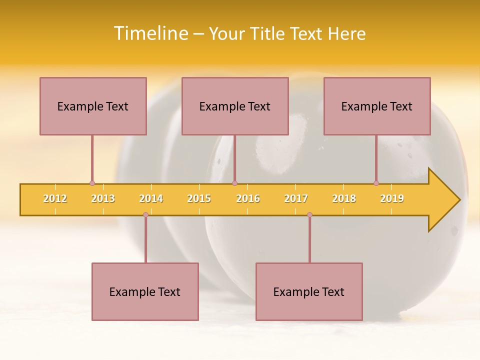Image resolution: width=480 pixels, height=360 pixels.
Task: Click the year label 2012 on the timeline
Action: pos(55,198)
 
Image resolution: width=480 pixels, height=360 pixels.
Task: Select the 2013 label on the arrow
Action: pos(103,198)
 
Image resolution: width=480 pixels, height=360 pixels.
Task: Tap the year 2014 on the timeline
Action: pos(151,198)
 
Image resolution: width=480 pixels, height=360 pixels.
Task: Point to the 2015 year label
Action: pos(199,198)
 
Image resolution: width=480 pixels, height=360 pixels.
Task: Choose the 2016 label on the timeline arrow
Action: pos(248,198)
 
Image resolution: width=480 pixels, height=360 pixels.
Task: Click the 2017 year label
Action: pos(296,198)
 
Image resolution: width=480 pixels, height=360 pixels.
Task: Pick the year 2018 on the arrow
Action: pos(344,198)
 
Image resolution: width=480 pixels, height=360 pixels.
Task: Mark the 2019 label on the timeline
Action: pos(392,198)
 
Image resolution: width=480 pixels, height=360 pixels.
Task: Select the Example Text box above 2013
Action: pos(93,106)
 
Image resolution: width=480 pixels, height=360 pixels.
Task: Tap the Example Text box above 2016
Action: pos(235,106)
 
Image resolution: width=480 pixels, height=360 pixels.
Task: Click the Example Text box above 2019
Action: pos(377,106)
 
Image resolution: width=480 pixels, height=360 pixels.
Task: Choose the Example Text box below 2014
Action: pos(145,291)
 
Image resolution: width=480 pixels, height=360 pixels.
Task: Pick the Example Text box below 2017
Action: pos(309,291)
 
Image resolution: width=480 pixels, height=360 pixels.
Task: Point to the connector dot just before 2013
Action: pos(92,183)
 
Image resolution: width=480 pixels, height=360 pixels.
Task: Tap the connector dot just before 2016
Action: pos(234,183)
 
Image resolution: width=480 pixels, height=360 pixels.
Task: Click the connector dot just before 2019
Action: pos(376,183)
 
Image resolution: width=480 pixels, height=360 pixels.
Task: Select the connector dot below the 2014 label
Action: pos(145,214)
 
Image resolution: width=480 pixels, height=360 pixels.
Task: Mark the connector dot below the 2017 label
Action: pos(309,214)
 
